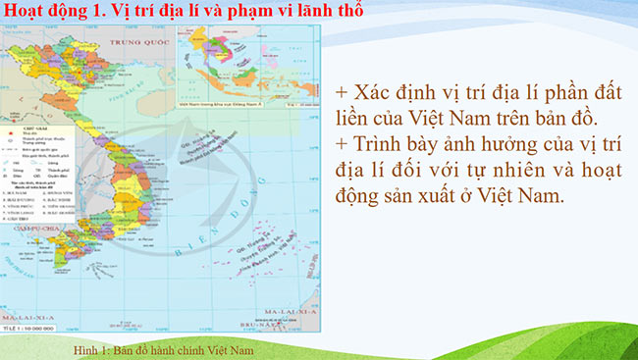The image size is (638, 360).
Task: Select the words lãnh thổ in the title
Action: pos(332,13)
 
